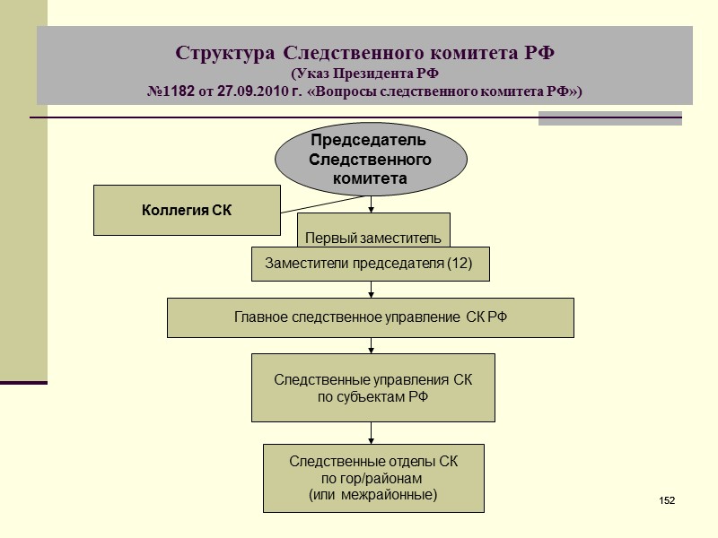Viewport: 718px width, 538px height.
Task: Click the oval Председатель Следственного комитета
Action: (371, 160)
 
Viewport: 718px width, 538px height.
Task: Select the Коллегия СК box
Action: (188, 210)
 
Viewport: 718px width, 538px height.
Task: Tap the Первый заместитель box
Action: (373, 230)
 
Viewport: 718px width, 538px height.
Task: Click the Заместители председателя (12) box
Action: (370, 264)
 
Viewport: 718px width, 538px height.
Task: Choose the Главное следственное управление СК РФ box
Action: (370, 317)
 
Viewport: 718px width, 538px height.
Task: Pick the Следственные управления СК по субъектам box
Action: (372, 387)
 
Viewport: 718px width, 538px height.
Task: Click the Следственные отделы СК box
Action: (372, 477)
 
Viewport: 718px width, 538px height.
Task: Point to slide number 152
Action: (666, 499)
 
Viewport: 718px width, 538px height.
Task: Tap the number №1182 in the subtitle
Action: (175, 91)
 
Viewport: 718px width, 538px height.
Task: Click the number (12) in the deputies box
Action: (458, 264)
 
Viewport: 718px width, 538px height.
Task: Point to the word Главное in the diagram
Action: (262, 317)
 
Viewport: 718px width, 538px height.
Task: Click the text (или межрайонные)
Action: (372, 494)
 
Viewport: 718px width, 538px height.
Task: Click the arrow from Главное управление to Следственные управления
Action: (372, 345)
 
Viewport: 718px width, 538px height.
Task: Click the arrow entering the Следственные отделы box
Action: (372, 435)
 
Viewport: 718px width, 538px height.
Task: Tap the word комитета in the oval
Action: (371, 178)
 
